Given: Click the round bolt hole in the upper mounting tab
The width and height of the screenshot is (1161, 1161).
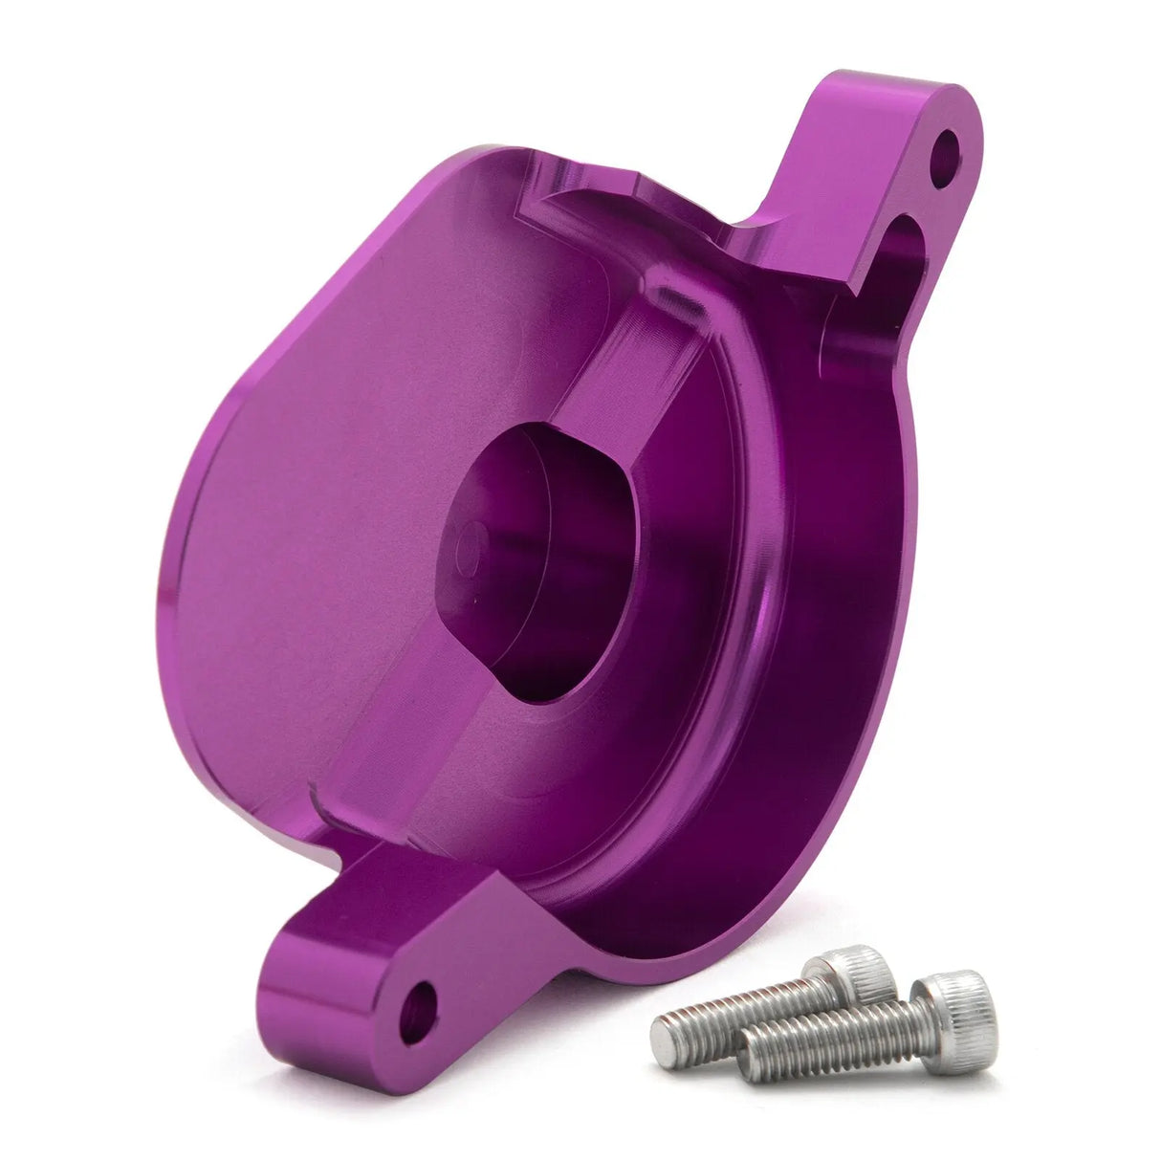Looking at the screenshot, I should pos(944,152).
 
